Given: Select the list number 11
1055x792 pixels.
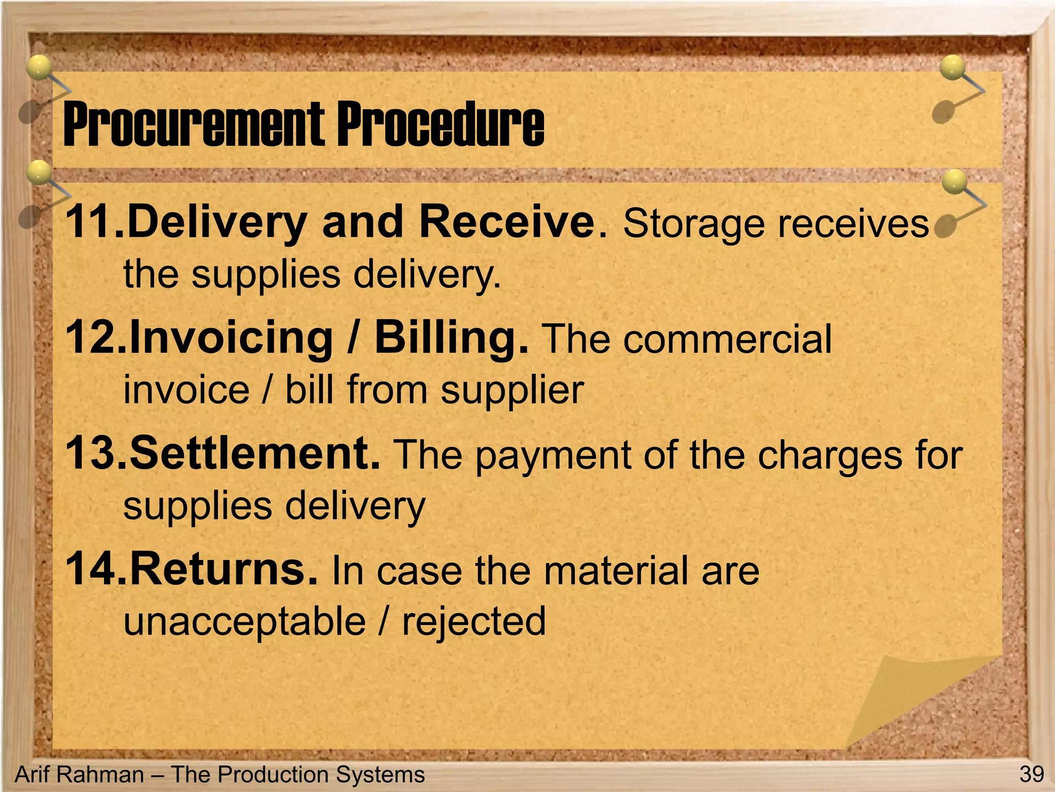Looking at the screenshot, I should pyautogui.click(x=95, y=222).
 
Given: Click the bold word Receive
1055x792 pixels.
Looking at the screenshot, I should pyautogui.click(x=508, y=222).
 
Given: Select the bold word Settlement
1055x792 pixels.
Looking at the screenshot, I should pyautogui.click(x=254, y=453).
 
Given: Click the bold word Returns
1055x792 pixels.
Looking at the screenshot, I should pyautogui.click(x=224, y=569).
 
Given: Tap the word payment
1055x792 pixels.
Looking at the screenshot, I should pyautogui.click(x=553, y=457).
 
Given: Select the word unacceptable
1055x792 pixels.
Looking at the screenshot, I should pyautogui.click(x=245, y=622).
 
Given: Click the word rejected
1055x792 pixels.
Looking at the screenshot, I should pyautogui.click(x=473, y=622).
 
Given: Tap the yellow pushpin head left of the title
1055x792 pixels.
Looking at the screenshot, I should pyautogui.click(x=39, y=68).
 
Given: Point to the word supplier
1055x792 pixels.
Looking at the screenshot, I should pyautogui.click(x=513, y=391).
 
